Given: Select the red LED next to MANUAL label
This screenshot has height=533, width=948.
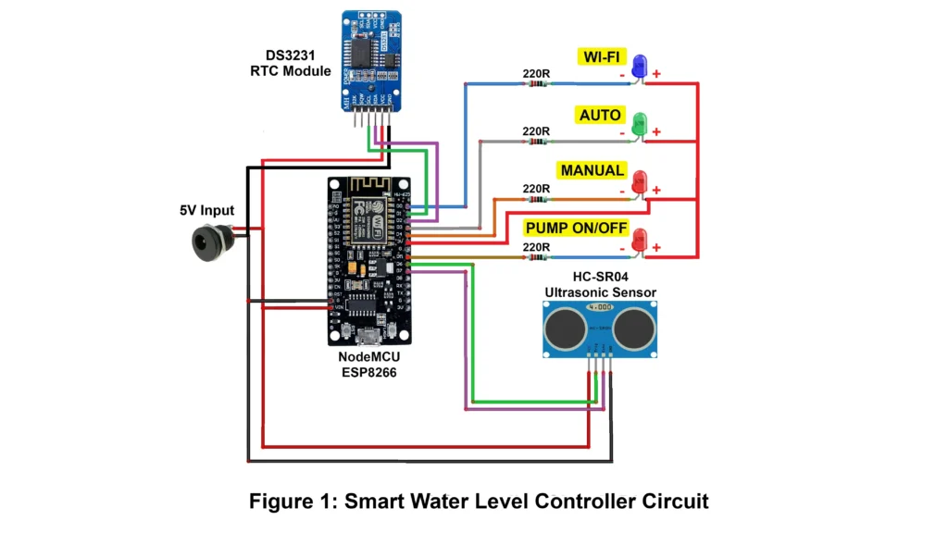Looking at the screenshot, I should (x=639, y=183).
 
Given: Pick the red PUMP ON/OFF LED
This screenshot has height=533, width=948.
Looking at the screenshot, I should (x=639, y=241).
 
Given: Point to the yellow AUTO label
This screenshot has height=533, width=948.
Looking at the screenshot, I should (x=600, y=116).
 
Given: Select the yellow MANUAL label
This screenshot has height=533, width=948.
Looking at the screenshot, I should (x=592, y=171).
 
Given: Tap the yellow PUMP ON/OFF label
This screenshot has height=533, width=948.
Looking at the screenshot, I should (x=575, y=228).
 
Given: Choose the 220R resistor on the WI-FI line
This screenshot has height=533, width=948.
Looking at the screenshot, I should (x=535, y=83).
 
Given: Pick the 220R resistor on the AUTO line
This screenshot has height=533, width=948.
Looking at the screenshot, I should (x=535, y=142).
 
